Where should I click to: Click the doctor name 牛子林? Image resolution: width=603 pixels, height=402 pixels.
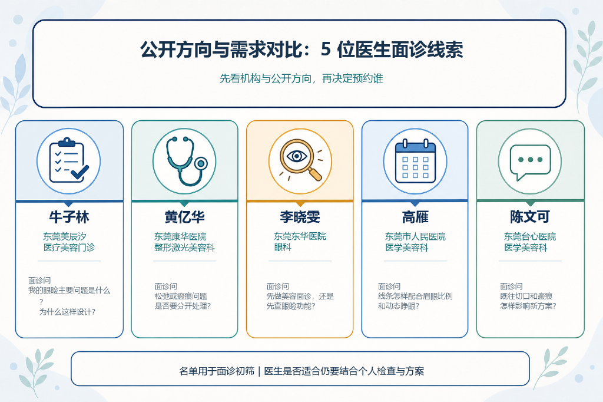pyautogui.click(x=69, y=217)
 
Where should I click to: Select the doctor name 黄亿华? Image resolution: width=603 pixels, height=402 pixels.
pyautogui.click(x=184, y=217)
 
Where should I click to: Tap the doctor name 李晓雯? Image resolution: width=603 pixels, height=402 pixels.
pyautogui.click(x=300, y=217)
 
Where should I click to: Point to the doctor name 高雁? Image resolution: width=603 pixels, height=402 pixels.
pyautogui.click(x=415, y=217)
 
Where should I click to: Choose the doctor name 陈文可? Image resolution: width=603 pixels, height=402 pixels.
pyautogui.click(x=530, y=217)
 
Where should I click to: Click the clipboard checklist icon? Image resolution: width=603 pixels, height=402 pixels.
pyautogui.click(x=68, y=160)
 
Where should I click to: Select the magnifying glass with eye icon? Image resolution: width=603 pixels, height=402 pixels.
pyautogui.click(x=300, y=160)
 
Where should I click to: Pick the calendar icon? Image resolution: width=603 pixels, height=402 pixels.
pyautogui.click(x=415, y=160)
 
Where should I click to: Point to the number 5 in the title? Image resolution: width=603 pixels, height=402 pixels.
pyautogui.click(x=326, y=50)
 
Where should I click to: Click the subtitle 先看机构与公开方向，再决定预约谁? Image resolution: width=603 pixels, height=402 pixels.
pyautogui.click(x=301, y=78)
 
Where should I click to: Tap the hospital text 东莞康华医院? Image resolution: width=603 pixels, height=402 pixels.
pyautogui.click(x=180, y=236)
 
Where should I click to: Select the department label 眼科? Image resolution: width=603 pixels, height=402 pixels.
pyautogui.click(x=283, y=247)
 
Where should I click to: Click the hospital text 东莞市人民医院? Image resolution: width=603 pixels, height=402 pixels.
pyautogui.click(x=415, y=236)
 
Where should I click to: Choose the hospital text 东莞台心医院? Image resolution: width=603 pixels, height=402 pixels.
pyautogui.click(x=530, y=236)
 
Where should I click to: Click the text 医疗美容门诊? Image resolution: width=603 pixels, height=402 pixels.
pyautogui.click(x=69, y=247)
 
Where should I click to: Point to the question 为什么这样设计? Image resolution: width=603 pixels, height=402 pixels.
pyautogui.click(x=67, y=312)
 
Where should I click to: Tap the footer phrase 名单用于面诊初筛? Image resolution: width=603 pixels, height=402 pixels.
pyautogui.click(x=217, y=371)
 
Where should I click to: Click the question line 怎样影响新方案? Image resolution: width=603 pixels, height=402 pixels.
pyautogui.click(x=528, y=306)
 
